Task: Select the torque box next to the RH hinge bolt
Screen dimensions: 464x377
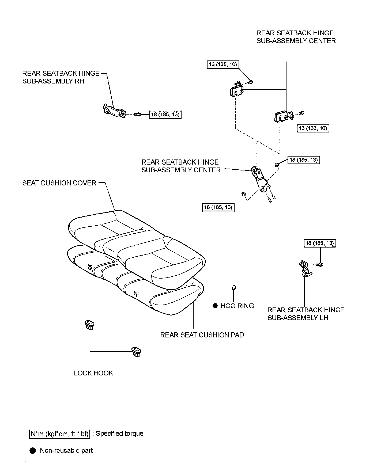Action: point(165,115)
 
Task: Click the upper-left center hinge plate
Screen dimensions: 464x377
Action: point(237,90)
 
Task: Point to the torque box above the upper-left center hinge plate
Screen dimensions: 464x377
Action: point(223,64)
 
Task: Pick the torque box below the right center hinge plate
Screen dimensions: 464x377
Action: point(313,128)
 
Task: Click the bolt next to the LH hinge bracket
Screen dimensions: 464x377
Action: point(320,265)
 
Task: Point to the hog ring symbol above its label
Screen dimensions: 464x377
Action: point(234,288)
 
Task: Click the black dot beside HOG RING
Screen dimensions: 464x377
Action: point(215,306)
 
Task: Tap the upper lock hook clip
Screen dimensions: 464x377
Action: point(89,324)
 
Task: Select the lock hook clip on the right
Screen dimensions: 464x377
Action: point(136,352)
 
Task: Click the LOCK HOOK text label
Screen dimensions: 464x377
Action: point(93,373)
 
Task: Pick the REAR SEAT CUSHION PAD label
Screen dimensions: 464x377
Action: point(202,335)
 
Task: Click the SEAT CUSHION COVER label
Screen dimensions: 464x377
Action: point(59,183)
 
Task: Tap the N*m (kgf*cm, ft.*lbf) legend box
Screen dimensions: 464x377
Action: point(59,434)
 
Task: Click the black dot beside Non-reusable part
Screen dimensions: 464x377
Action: point(33,451)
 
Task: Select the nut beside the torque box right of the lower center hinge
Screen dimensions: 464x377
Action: point(277,164)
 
